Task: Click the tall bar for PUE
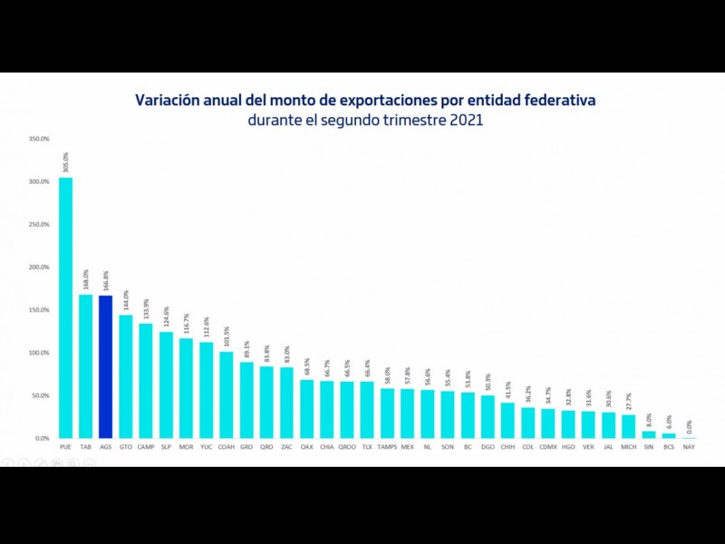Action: click(x=65, y=307)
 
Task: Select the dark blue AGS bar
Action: click(x=105, y=366)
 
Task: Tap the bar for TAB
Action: click(x=85, y=366)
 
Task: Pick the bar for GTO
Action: click(x=125, y=376)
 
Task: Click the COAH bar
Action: click(x=226, y=394)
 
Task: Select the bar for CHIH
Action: click(x=507, y=420)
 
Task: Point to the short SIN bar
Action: click(x=648, y=434)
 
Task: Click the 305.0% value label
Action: click(x=65, y=161)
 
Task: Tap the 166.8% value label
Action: click(x=105, y=280)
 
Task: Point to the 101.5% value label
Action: click(x=226, y=336)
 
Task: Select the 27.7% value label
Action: click(x=628, y=400)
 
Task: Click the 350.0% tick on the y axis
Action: click(x=39, y=139)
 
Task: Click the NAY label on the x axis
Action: click(x=689, y=447)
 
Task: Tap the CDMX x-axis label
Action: click(x=547, y=447)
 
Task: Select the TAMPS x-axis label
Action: click(x=387, y=447)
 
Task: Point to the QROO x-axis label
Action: click(x=346, y=447)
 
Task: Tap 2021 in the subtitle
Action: click(x=464, y=119)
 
